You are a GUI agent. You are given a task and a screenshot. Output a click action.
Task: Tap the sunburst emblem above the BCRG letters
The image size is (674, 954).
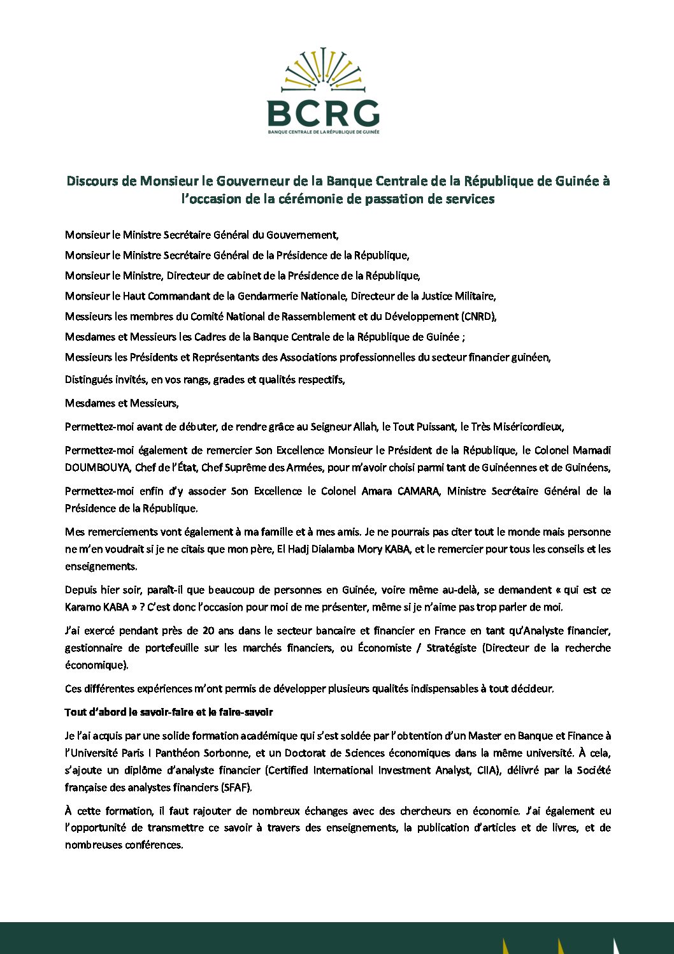(323, 69)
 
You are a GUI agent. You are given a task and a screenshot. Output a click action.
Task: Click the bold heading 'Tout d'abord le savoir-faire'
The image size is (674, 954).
(169, 712)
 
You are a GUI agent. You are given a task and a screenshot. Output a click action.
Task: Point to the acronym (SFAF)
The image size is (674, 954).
(236, 788)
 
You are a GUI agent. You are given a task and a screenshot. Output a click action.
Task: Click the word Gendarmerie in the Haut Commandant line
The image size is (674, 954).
(266, 296)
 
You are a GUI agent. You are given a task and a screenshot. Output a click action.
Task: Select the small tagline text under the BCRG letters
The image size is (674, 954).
(323, 132)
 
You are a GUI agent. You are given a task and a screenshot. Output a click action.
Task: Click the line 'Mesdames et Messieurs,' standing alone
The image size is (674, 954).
(122, 403)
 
